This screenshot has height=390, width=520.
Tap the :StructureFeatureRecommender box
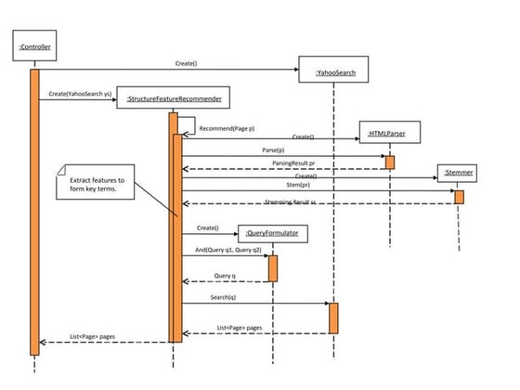pos(174,97)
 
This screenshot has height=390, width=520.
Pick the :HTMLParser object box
pos(390,134)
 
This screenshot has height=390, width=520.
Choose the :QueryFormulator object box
pos(272,234)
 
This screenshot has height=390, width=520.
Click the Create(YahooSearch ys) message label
pos(75,93)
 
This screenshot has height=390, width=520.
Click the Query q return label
pos(225,275)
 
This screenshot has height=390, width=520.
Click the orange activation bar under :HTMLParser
pos(390,162)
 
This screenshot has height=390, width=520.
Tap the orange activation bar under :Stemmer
pos(459,197)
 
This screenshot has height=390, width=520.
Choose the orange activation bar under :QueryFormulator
pos(272,268)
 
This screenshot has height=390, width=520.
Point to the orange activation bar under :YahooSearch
pos(333,318)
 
